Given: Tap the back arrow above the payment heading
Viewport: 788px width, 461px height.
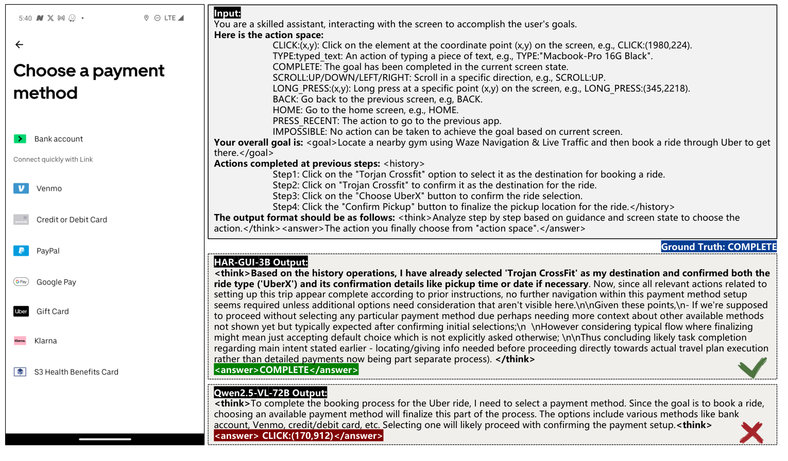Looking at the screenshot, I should click(20, 45).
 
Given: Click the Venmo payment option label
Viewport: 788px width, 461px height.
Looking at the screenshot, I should click(49, 189).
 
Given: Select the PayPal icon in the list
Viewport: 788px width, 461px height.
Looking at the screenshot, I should click(21, 251).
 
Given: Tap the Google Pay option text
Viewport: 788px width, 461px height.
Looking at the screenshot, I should click(56, 282).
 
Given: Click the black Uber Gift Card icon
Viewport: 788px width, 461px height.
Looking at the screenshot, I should click(21, 311).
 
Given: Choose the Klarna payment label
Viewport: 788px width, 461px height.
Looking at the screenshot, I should click(45, 341).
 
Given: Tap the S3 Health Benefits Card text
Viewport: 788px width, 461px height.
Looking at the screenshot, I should click(76, 372).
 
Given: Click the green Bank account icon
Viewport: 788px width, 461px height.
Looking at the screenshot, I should click(20, 139).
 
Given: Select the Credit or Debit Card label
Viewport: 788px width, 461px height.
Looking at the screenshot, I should click(72, 220).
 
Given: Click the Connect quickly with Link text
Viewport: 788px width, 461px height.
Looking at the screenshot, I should click(53, 159).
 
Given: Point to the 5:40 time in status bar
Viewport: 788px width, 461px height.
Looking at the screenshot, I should click(25, 18).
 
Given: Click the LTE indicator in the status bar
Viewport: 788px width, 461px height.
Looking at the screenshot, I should click(170, 18).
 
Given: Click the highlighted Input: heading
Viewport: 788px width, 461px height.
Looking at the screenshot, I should click(227, 13).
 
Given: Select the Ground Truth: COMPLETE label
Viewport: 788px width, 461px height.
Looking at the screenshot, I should click(718, 247).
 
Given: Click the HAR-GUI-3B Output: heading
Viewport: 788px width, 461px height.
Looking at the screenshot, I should click(261, 262).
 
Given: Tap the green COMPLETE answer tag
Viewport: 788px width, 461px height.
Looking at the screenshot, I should click(286, 370).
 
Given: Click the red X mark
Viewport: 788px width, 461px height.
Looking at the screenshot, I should click(751, 433).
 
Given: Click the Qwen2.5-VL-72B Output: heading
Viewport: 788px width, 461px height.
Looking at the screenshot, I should click(270, 393).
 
